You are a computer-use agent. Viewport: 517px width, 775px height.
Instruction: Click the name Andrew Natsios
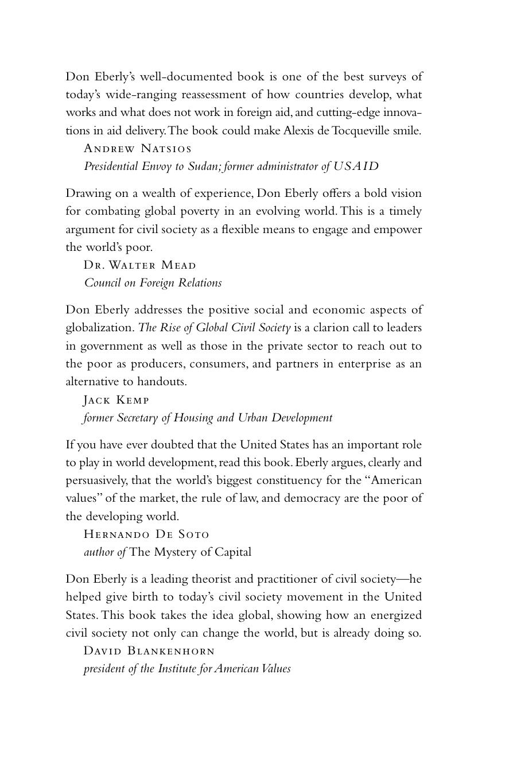138,149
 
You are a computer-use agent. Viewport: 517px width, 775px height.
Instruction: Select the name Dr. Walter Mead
140,265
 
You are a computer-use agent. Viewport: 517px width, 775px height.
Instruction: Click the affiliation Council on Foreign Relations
153,283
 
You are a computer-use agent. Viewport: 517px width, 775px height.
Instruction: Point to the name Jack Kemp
116,400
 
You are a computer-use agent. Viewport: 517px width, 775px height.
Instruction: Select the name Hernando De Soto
146,534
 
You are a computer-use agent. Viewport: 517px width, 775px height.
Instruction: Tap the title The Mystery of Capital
191,552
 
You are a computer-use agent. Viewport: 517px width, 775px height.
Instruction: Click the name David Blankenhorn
149,651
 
